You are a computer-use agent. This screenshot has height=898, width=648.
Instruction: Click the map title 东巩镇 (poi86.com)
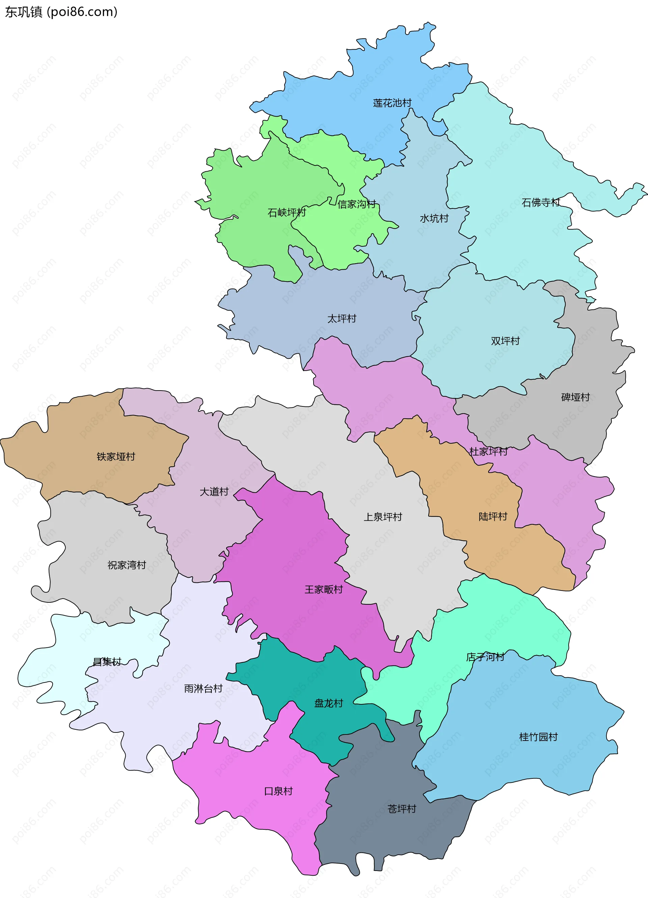point(61,12)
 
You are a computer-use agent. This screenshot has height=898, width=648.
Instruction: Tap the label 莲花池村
point(392,103)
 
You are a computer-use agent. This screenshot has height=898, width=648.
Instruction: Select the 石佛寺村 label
point(540,203)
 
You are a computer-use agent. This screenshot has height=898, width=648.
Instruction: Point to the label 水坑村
point(434,219)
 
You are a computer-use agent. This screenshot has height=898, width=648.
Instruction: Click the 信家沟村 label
point(356,204)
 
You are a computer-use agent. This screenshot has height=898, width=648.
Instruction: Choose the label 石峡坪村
point(287,213)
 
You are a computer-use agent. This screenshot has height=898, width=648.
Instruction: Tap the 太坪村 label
point(342,319)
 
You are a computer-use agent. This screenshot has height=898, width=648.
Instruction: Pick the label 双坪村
point(505,341)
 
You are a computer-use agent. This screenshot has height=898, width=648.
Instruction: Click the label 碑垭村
point(575,397)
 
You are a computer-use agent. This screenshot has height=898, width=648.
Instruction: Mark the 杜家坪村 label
point(488,451)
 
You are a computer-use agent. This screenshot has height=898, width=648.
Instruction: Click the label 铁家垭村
point(116,457)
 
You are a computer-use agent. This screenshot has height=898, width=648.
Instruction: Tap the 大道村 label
point(214,492)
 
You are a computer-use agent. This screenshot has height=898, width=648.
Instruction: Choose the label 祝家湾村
point(127,565)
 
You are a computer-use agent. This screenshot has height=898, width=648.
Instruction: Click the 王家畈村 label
point(324,590)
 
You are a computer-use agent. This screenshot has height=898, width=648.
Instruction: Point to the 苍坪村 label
point(402,809)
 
